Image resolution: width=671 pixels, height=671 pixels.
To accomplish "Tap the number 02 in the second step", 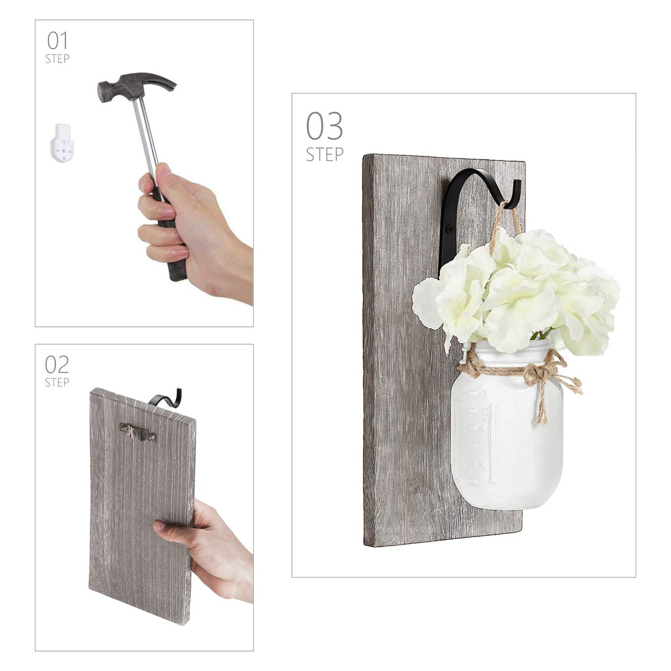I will pos(57,364).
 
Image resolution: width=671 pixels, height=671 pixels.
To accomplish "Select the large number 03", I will pos(324,126).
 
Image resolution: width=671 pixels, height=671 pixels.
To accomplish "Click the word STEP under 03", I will pos(324,154).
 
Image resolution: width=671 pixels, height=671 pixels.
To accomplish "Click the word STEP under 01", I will pos(57,58).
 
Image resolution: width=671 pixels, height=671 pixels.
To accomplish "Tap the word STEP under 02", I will pos(57,382).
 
